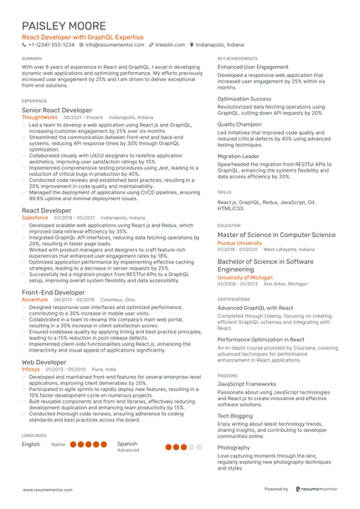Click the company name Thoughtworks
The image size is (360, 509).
[x=39, y=118]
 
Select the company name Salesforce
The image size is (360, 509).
[x=35, y=217]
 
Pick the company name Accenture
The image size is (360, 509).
[x=34, y=299]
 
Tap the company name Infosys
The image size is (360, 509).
[x=30, y=368]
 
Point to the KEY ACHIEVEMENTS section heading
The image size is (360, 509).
[x=238, y=59]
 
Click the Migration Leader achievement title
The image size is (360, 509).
[x=239, y=156]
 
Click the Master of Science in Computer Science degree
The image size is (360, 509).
[x=276, y=235]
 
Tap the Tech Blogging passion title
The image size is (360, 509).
[x=235, y=415]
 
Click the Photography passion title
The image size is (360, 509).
[x=234, y=447]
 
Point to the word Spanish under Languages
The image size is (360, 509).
[x=127, y=444]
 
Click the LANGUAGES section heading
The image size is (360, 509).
[x=34, y=436]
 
